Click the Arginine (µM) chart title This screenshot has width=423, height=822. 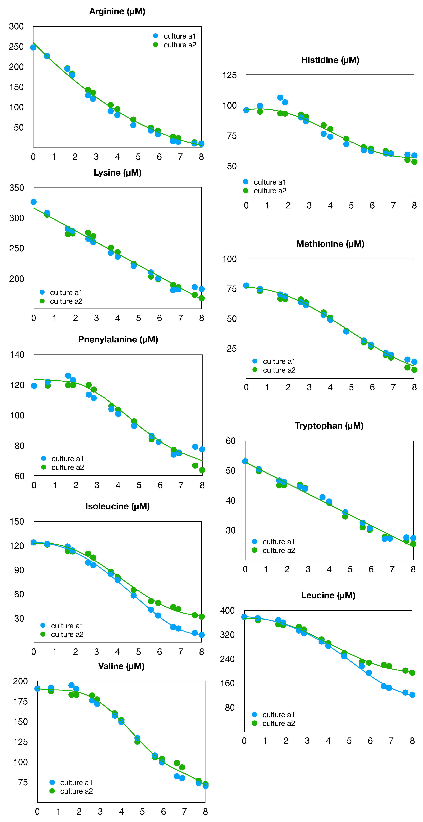[x=117, y=11]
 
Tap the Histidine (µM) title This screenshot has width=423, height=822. [x=330, y=60]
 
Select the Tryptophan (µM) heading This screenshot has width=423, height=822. [x=329, y=426]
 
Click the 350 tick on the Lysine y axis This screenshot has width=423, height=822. [x=17, y=188]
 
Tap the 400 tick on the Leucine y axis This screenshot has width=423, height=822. [x=227, y=610]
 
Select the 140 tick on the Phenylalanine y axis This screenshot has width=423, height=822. [x=17, y=355]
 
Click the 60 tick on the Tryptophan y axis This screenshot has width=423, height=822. [x=230, y=441]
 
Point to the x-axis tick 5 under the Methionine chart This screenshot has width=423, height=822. [x=351, y=387]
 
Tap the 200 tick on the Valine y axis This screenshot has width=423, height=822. [x=20, y=681]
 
